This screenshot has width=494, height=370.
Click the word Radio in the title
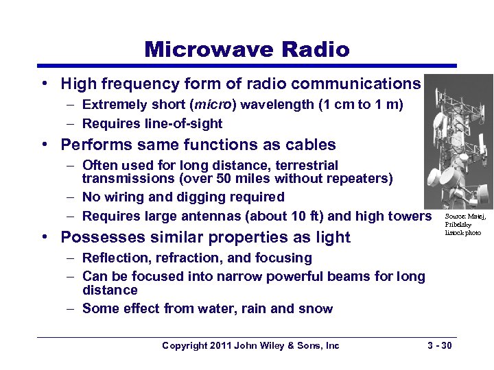(x=315, y=49)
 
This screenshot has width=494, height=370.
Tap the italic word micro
(x=213, y=106)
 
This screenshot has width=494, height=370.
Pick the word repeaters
(x=362, y=179)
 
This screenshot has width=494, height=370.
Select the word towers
(x=410, y=217)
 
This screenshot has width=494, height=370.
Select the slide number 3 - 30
(x=437, y=346)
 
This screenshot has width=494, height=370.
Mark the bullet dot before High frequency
(x=43, y=84)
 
